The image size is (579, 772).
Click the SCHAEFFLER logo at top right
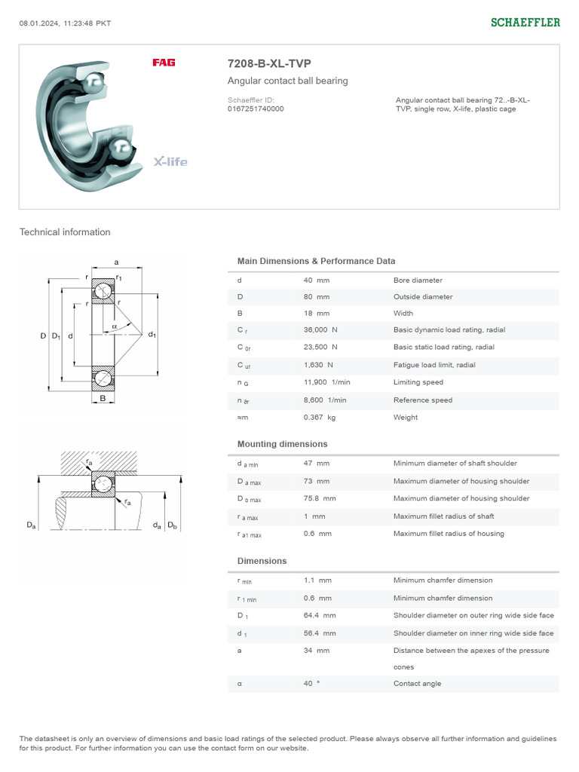tap(525, 23)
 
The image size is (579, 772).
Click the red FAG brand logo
tap(164, 63)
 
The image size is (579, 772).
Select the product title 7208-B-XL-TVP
tap(269, 64)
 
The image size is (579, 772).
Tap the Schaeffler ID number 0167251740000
tap(256, 109)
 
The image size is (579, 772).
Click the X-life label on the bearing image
tap(170, 161)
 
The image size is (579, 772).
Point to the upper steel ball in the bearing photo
tap(95, 81)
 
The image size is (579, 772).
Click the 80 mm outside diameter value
tap(316, 297)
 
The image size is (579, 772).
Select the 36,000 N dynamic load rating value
tap(320, 329)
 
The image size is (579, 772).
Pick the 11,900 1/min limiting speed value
tap(326, 382)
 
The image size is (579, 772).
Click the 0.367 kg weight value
tap(320, 418)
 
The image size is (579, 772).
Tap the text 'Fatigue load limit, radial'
tap(434, 365)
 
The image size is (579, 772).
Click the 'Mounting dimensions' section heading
tap(282, 444)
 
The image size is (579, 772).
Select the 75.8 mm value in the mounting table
tap(320, 498)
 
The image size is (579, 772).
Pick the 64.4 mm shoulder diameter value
tap(320, 615)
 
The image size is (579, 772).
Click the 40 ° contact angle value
tap(311, 684)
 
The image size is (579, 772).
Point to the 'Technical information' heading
tap(65, 232)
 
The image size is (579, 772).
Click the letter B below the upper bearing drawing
tap(103, 398)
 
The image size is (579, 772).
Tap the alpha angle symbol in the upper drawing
tap(114, 326)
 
